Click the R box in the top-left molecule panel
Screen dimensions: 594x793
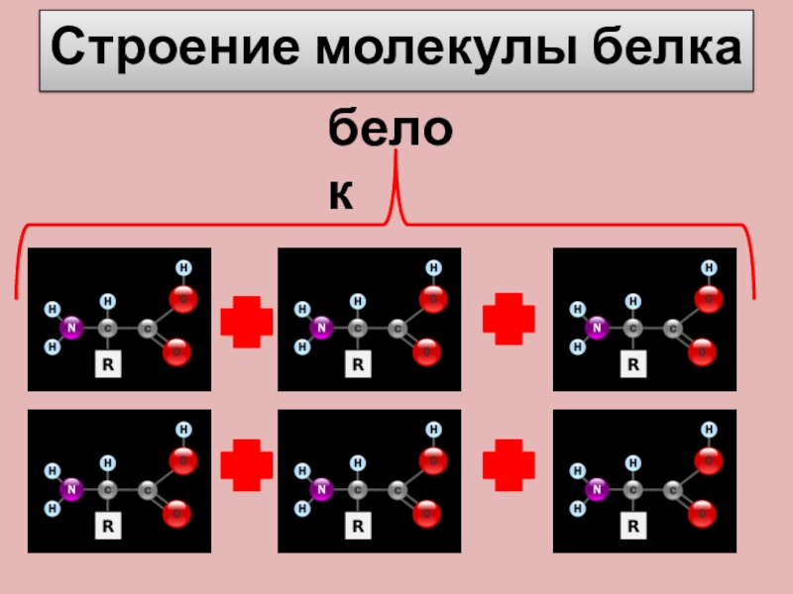click(106, 364)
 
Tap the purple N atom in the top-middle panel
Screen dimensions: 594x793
click(320, 326)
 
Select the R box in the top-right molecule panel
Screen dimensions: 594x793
click(630, 364)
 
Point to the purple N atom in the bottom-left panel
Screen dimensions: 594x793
click(69, 488)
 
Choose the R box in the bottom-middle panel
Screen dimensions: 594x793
click(356, 527)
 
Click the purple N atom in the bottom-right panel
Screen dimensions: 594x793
click(596, 488)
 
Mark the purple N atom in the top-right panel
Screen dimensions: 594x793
click(596, 326)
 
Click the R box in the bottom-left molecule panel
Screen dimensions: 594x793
click(106, 527)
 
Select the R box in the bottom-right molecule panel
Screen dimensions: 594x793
click(630, 527)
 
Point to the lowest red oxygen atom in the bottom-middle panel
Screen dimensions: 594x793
click(428, 513)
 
